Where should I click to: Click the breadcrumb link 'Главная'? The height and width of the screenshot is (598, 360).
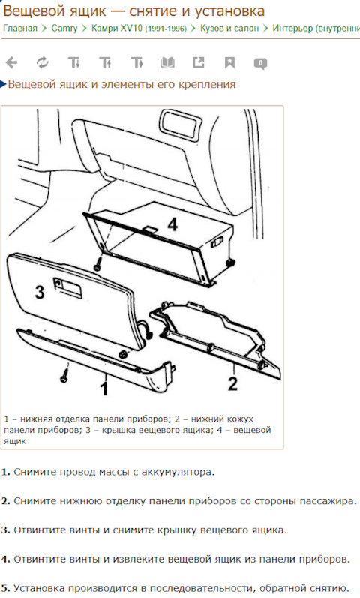click(20, 29)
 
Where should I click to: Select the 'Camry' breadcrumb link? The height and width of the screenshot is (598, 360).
click(64, 29)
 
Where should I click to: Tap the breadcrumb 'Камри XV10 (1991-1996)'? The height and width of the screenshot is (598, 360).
click(139, 29)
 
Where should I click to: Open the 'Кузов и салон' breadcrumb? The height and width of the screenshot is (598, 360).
click(229, 29)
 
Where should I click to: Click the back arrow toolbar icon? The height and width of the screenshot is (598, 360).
click(11, 62)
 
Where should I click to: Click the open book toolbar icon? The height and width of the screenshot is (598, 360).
click(167, 62)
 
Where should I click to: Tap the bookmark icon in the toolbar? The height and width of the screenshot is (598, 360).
click(229, 62)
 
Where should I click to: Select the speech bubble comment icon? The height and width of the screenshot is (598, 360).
click(260, 63)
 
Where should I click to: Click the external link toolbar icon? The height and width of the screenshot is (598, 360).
click(198, 62)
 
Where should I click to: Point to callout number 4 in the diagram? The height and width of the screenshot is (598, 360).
click(172, 224)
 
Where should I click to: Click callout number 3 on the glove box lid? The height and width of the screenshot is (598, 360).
click(40, 292)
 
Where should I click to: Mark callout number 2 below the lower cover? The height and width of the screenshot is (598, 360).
click(232, 383)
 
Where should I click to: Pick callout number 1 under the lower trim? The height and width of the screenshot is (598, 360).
click(103, 388)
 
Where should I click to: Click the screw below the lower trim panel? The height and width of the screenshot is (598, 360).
click(64, 374)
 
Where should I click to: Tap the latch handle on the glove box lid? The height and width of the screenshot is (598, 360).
click(68, 288)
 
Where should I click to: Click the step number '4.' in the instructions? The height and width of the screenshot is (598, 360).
click(6, 560)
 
